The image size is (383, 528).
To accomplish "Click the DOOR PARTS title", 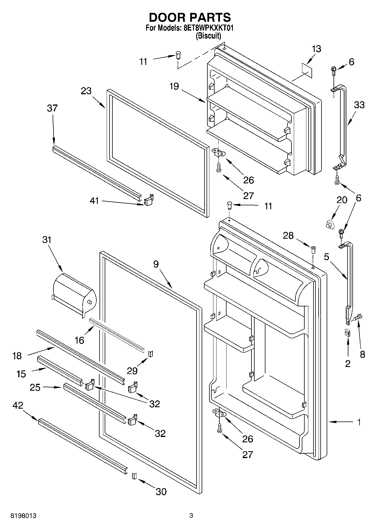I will tap(190, 17).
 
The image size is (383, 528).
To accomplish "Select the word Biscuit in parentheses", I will tap(208, 36).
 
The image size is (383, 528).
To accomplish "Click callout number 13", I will tap(316, 49).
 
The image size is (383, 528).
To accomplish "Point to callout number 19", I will tap(174, 86).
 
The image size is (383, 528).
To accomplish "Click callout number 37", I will tap(52, 108).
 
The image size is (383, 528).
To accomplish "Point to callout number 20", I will tap(342, 200).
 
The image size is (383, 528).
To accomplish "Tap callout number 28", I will tap(288, 236).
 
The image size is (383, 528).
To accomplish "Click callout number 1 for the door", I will tap(359, 422).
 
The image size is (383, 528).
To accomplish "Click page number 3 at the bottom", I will tap(191, 516).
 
